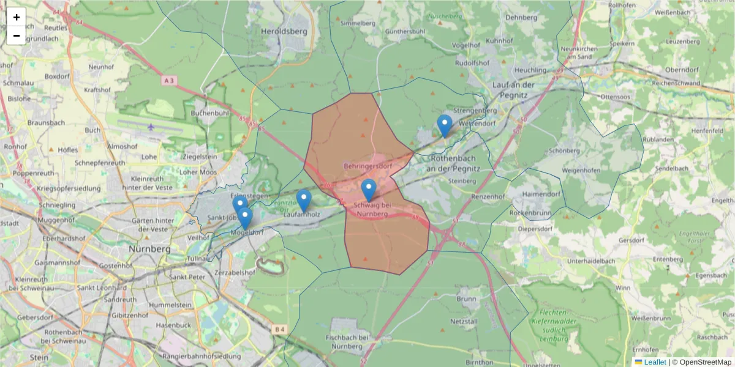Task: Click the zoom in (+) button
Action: click(x=17, y=17)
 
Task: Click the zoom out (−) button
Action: click(x=17, y=35)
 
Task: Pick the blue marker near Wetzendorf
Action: click(x=445, y=125)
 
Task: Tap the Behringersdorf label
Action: click(x=367, y=166)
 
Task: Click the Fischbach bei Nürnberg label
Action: click(x=347, y=342)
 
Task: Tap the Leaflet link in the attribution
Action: click(x=654, y=362)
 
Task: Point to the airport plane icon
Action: click(x=151, y=127)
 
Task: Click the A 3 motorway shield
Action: click(x=170, y=80)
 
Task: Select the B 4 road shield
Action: click(x=279, y=330)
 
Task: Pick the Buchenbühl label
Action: click(x=209, y=113)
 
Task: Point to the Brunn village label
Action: click(x=466, y=298)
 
